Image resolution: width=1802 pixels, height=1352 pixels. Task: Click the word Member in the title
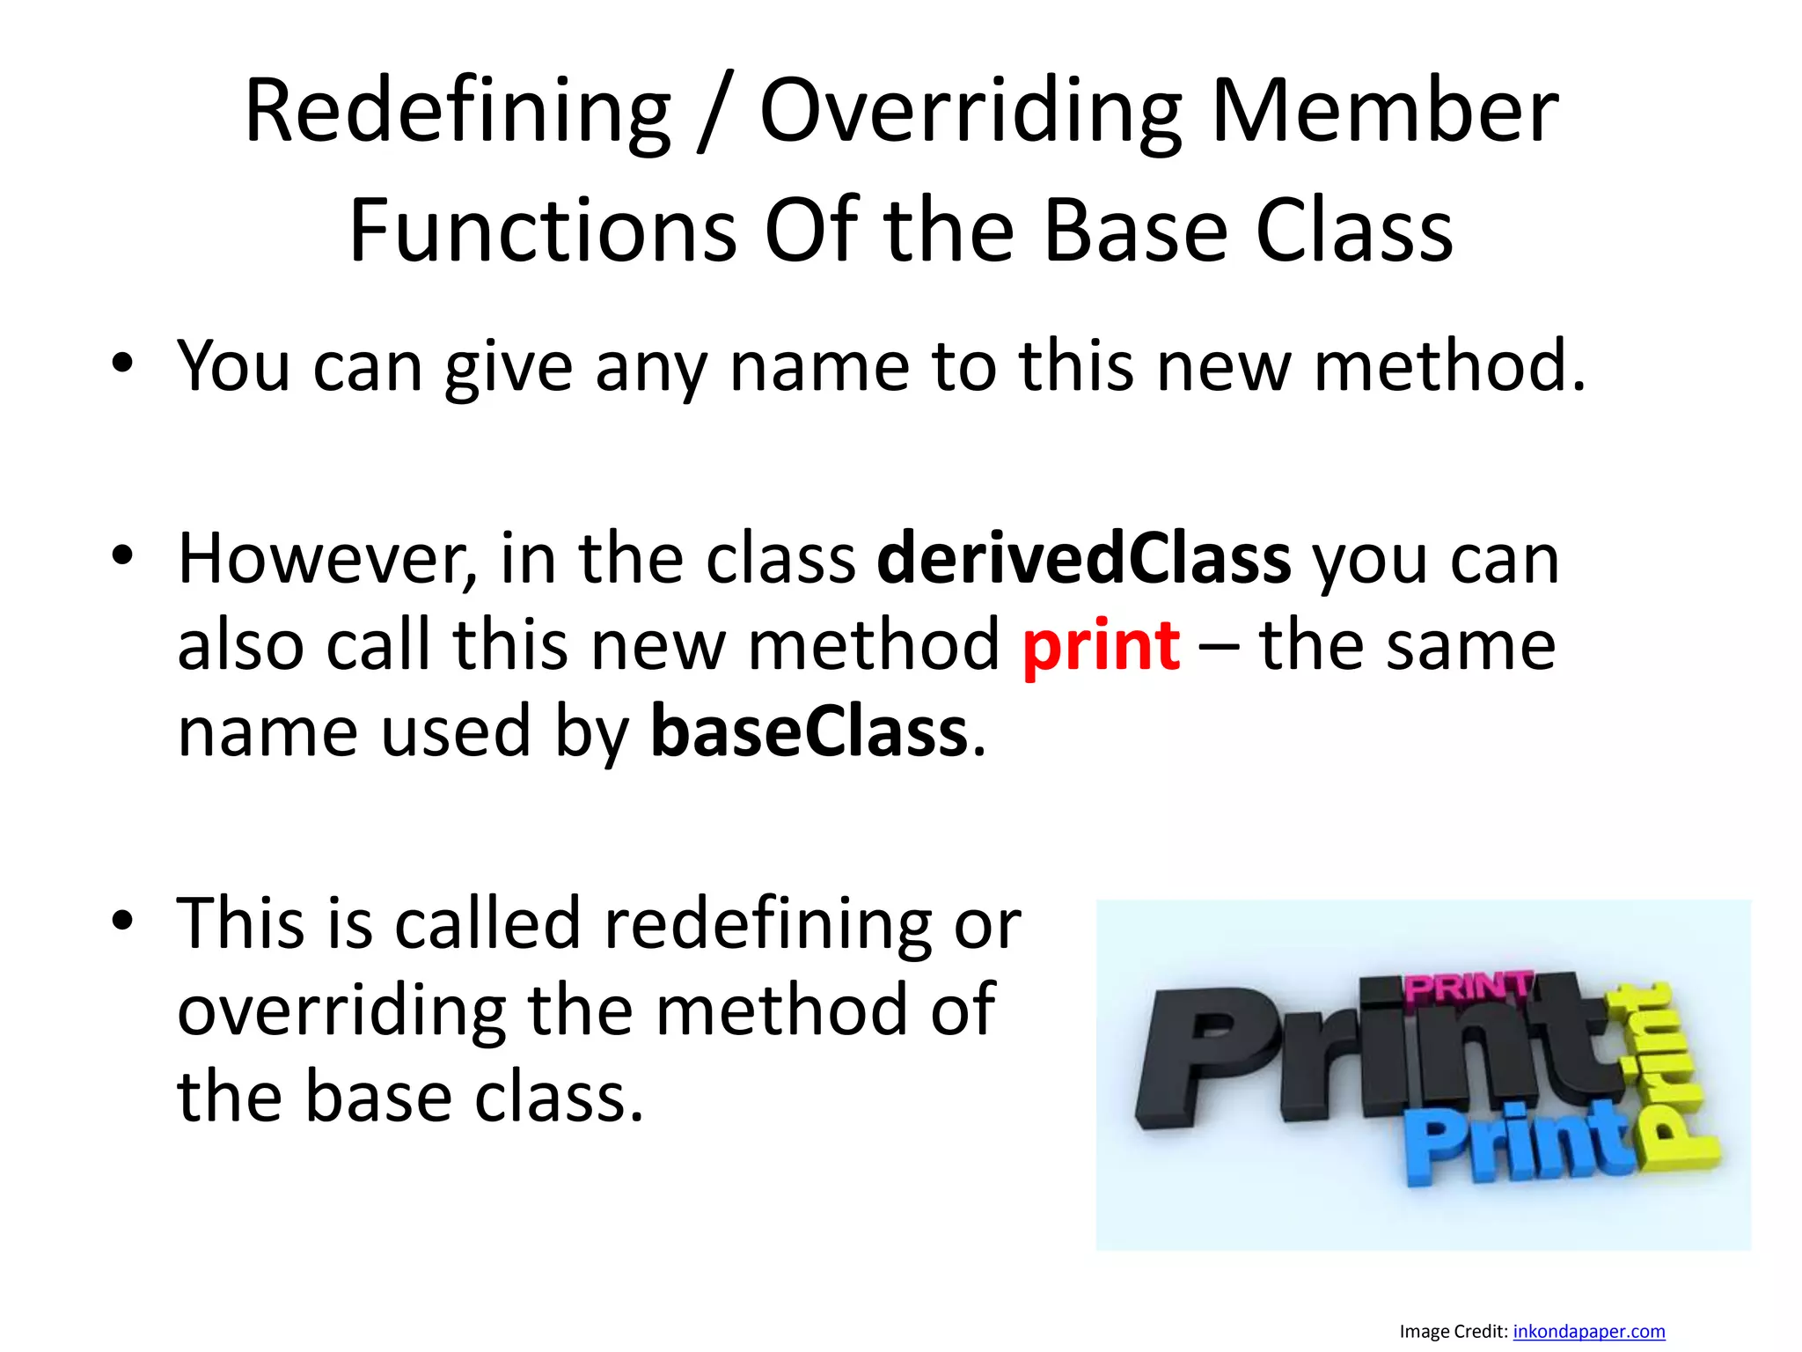coord(1385,112)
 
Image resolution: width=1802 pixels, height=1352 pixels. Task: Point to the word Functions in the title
coord(543,231)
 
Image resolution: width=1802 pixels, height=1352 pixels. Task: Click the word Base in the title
coord(1135,231)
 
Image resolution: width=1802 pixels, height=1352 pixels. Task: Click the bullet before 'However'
coord(122,555)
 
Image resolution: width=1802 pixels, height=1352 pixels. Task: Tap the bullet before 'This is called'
coord(122,921)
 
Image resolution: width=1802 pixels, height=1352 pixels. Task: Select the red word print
coord(1101,645)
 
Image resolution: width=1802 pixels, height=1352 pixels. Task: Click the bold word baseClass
coord(809,731)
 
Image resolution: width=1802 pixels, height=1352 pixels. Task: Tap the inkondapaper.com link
coord(1588,1331)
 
